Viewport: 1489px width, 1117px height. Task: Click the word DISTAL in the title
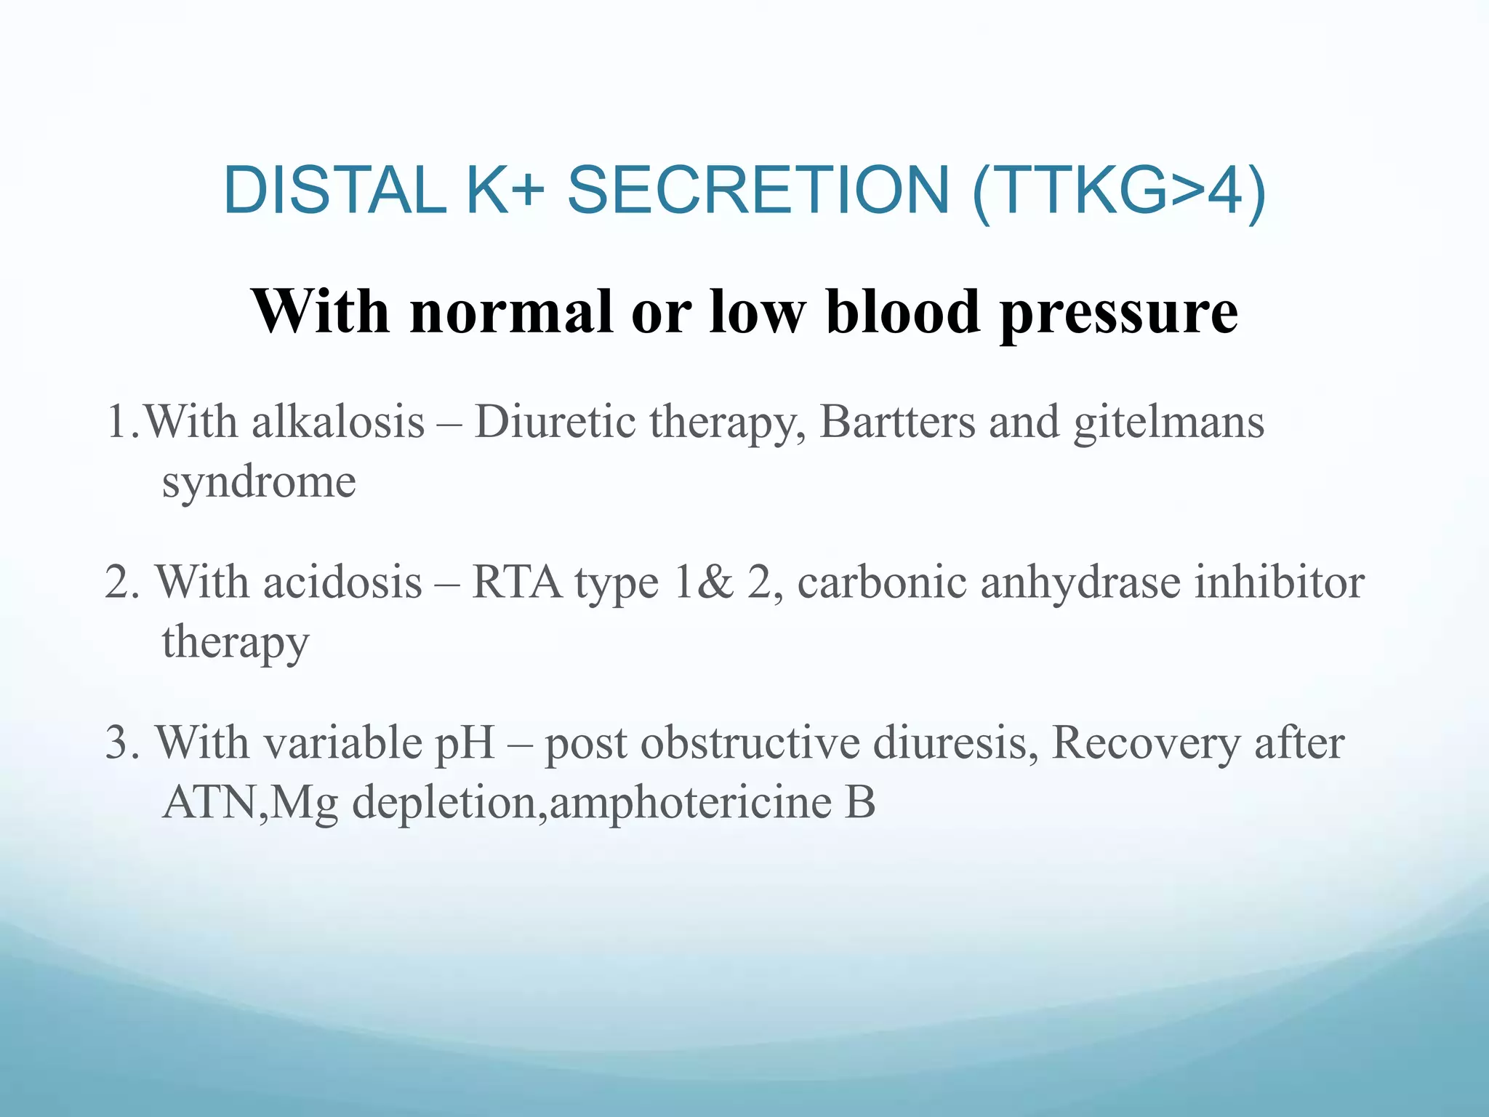[334, 191]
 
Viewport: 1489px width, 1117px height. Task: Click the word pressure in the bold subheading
[1119, 313]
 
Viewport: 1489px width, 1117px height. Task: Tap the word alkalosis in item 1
[338, 422]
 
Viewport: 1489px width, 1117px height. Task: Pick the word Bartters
[897, 422]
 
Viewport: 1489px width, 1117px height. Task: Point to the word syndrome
[259, 483]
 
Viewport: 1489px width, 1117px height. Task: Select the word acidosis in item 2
[342, 582]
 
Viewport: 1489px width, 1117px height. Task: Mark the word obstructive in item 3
[750, 743]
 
